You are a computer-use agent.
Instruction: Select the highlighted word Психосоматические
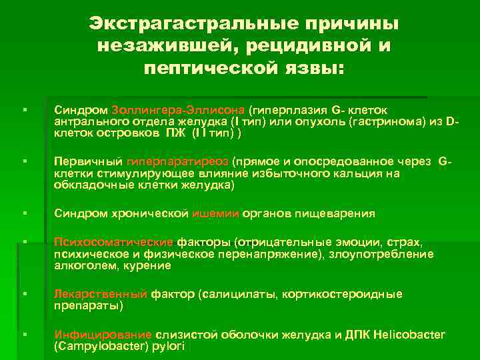tap(113, 241)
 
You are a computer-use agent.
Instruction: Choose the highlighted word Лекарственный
tap(101, 294)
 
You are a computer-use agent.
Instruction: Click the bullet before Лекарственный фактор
tap(24, 294)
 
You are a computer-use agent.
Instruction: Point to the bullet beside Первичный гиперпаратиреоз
tap(24, 161)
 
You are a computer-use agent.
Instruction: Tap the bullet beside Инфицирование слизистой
tap(24, 335)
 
